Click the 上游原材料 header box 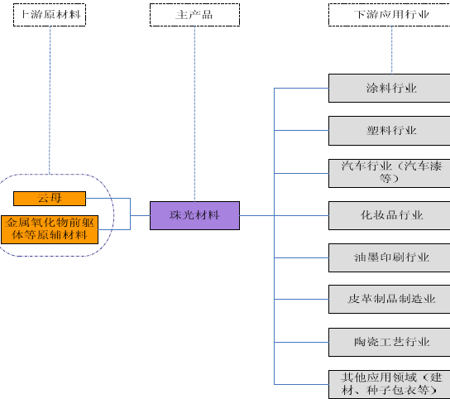[x=50, y=15]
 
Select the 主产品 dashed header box [x=194, y=15]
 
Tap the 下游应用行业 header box [x=389, y=15]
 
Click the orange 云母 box [x=50, y=199]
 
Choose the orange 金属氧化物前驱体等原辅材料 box [x=50, y=229]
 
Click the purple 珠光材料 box [x=194, y=215]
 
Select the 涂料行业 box [x=389, y=89]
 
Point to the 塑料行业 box [x=389, y=131]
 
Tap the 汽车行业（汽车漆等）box [x=389, y=173]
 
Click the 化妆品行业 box [x=389, y=215]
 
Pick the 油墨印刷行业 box [x=389, y=257]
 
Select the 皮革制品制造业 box [x=389, y=299]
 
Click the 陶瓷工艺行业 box [x=389, y=342]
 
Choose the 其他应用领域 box [x=389, y=384]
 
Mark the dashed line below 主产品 [x=194, y=113]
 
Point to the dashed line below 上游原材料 [x=50, y=100]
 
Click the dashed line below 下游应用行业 [x=392, y=50]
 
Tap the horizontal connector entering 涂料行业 [x=301, y=89]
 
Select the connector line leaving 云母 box [x=108, y=198]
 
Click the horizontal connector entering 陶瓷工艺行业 [x=301, y=342]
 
